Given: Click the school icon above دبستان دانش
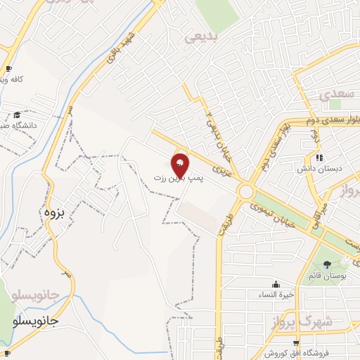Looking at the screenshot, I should (319, 157).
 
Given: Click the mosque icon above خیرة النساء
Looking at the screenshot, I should (275, 285).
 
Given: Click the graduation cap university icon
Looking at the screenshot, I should (16, 115).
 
